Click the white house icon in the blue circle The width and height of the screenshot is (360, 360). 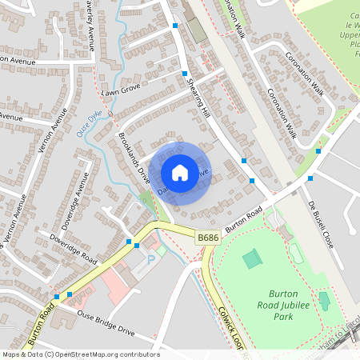[x=180, y=172]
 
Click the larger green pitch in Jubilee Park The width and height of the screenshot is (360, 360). [x=251, y=258]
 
